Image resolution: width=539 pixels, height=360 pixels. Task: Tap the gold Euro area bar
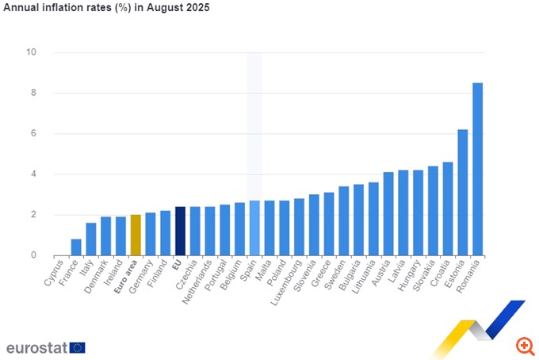point(136,235)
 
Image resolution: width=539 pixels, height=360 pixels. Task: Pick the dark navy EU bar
point(180,231)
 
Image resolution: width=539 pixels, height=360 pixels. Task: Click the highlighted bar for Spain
point(254,228)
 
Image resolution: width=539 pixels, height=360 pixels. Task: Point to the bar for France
point(76,247)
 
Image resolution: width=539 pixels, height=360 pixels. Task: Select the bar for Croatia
point(448,209)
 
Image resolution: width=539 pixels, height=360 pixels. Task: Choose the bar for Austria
point(388,213)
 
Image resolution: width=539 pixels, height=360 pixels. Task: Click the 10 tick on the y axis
point(31,52)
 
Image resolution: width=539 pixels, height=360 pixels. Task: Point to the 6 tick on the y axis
point(33,133)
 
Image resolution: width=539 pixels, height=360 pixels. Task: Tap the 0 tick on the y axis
point(33,255)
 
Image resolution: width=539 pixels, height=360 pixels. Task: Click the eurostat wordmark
point(36,347)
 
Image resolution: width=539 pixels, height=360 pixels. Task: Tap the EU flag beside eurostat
point(77,347)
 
